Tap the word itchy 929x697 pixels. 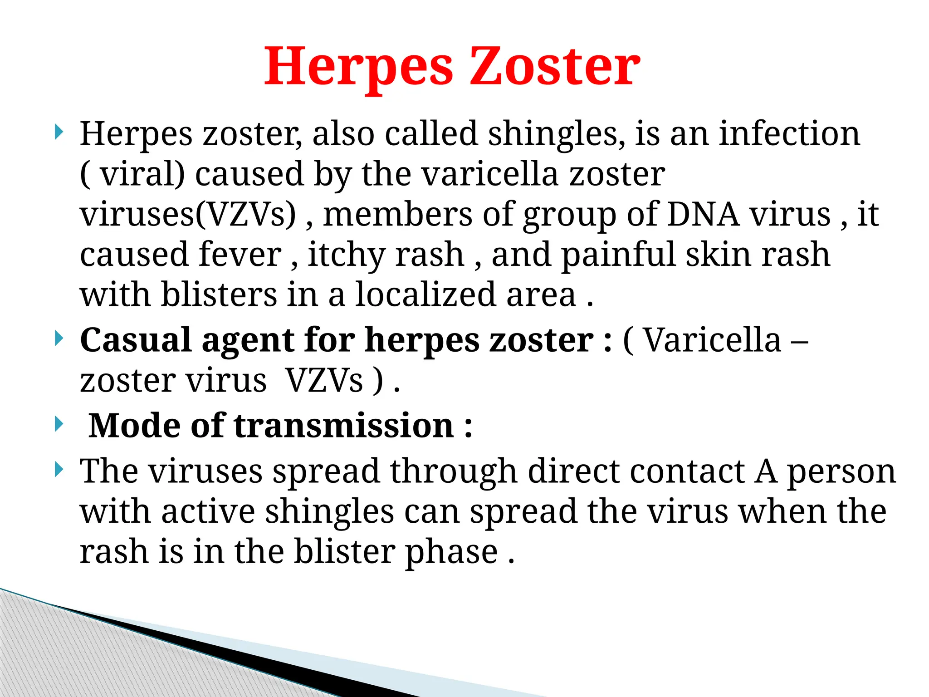click(x=347, y=255)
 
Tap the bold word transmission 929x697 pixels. click(x=344, y=426)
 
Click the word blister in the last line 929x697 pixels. click(x=344, y=552)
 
